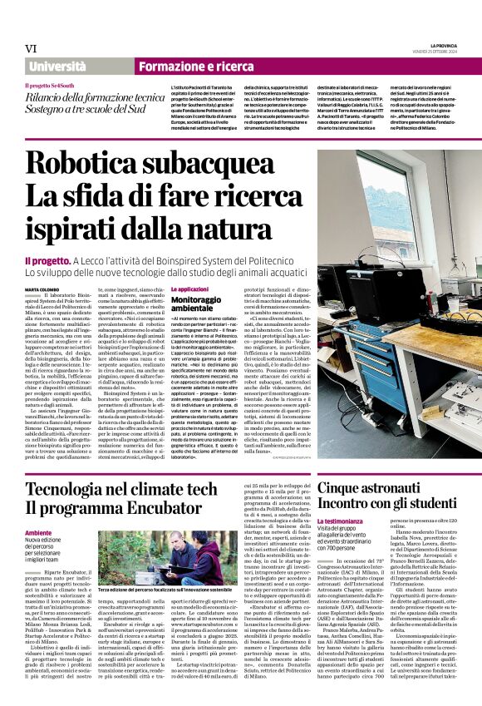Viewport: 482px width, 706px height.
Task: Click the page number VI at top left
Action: click(31, 48)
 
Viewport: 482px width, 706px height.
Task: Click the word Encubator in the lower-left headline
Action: click(181, 507)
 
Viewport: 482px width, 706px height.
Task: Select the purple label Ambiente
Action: click(37, 532)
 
